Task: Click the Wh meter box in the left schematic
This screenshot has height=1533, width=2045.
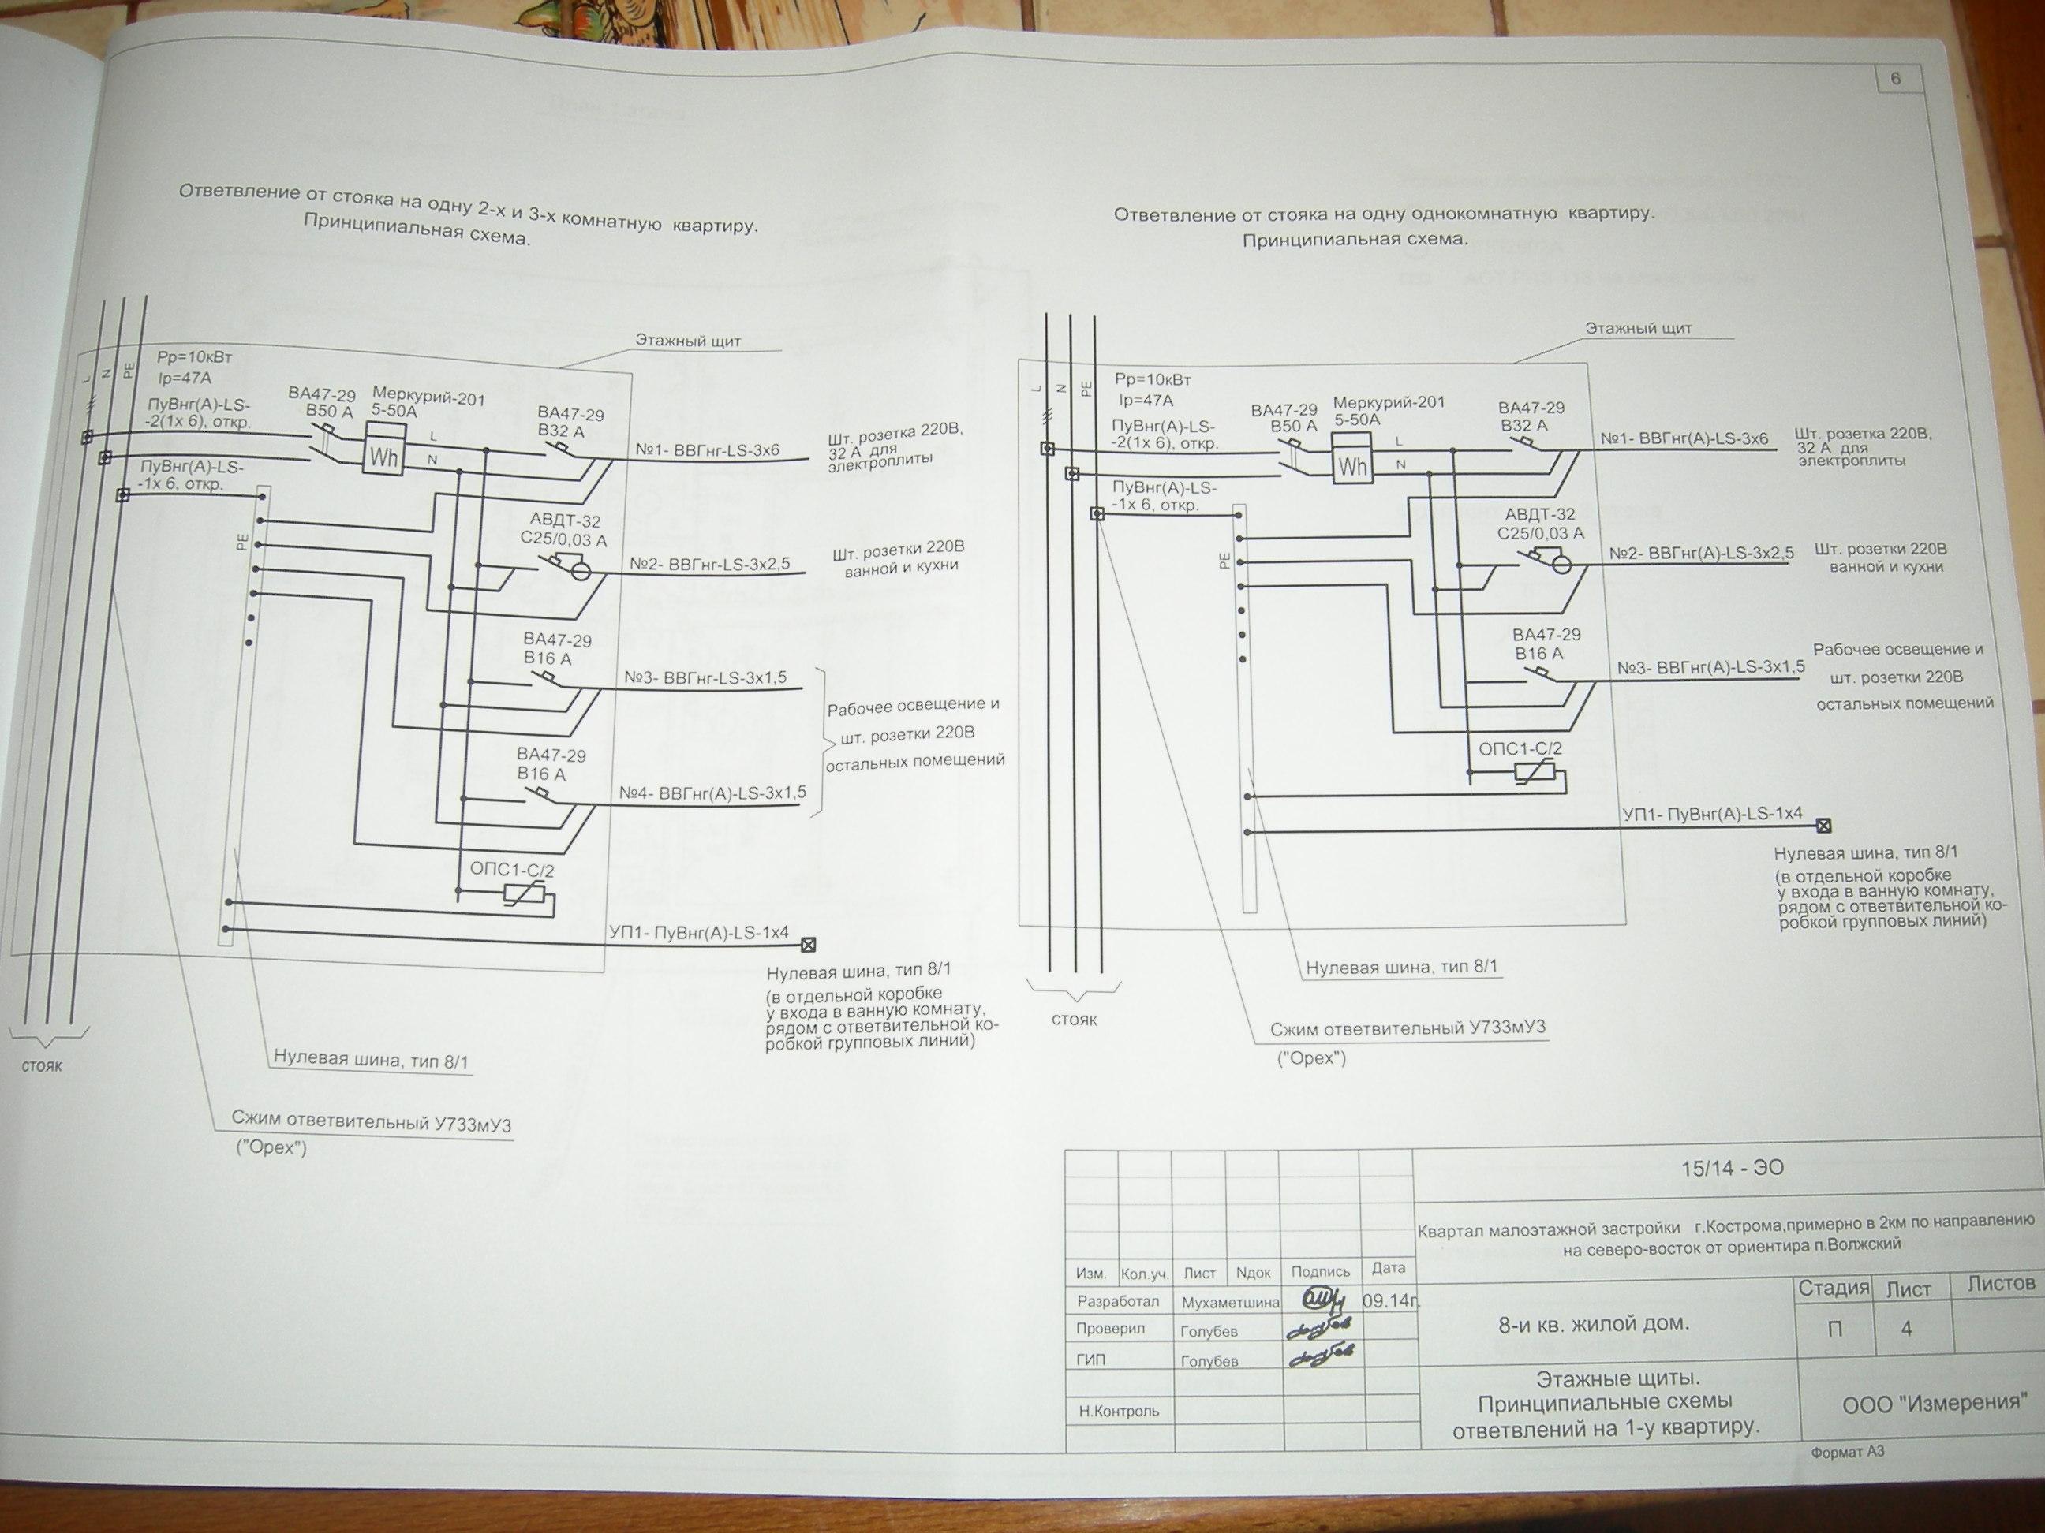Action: [383, 455]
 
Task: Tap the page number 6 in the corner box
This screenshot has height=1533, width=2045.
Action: [1895, 80]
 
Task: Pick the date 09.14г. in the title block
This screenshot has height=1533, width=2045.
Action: [1389, 1301]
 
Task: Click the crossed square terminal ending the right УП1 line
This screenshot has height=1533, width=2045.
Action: [1824, 825]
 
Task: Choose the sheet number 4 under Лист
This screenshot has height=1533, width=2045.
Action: [1905, 1330]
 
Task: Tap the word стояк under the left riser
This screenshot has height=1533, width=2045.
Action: [43, 1065]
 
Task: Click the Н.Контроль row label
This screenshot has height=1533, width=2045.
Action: [1118, 1411]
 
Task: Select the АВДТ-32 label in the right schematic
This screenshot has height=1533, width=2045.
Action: [1539, 515]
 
